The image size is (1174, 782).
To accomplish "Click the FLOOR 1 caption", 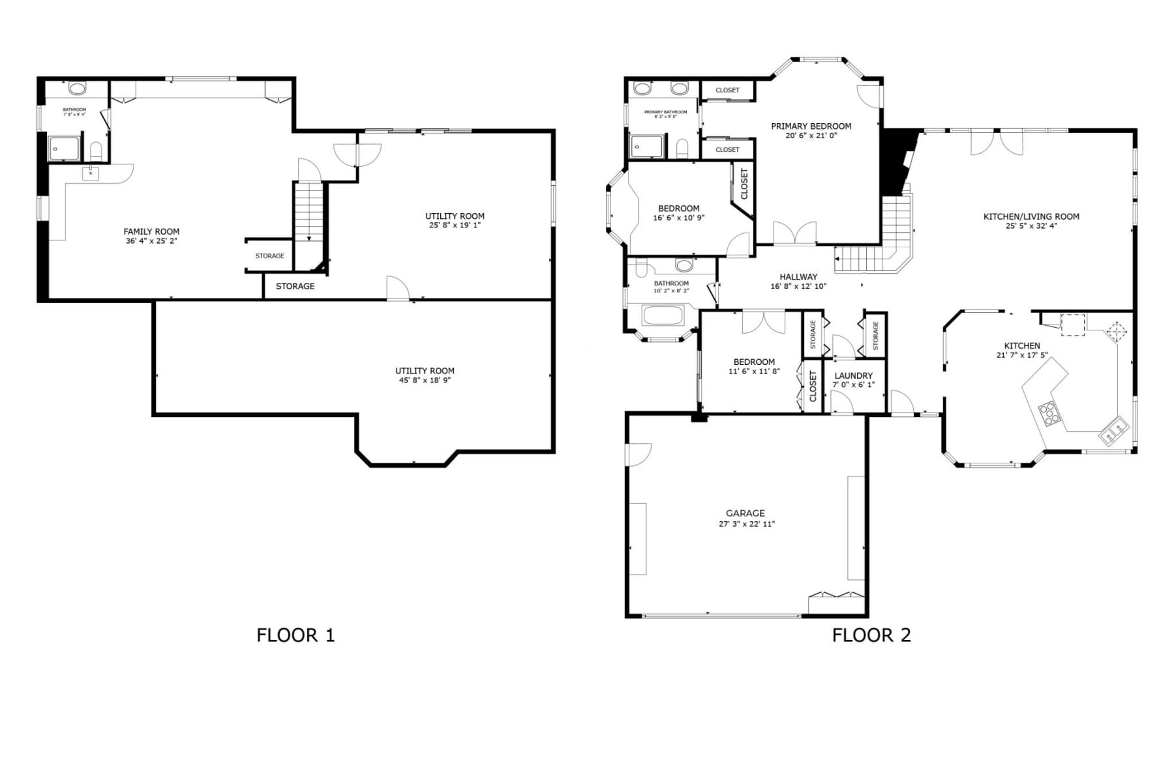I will pos(295,635).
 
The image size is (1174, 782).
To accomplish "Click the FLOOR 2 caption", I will pos(871,635).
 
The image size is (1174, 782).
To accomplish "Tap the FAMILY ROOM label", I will pos(151,231).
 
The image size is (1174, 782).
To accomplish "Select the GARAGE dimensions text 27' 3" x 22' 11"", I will pos(746,524).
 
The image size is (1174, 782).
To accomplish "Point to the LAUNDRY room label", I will pos(853,375).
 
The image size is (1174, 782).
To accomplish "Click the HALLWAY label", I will pos(798,276).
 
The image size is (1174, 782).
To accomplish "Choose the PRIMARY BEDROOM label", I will pos(811,126).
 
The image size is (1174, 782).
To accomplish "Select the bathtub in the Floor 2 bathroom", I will pos(663,316).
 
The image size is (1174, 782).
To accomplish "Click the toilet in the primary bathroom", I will pos(682,149).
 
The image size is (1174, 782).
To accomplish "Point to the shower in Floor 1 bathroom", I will pos(64,149).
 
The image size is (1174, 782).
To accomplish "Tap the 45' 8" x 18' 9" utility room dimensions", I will pos(425,380).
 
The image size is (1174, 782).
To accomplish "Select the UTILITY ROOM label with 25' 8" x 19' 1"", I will pos(455,216).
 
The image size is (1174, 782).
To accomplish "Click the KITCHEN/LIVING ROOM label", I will pos(1031,216).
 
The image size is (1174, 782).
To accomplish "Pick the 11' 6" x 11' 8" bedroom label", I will pos(754,362).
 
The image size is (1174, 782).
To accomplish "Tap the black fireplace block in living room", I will pos(892,163).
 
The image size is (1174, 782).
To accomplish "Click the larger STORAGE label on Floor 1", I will pos(295,286).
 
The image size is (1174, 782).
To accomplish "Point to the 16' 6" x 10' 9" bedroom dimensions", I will pos(678,218).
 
